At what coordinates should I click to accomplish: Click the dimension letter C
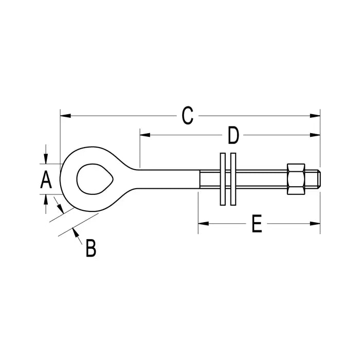188,116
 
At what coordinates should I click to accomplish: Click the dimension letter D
233,135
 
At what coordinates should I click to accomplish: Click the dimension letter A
46,180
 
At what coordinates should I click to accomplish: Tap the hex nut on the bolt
297,179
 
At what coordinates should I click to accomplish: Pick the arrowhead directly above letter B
77,233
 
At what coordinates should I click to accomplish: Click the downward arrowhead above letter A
46,158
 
